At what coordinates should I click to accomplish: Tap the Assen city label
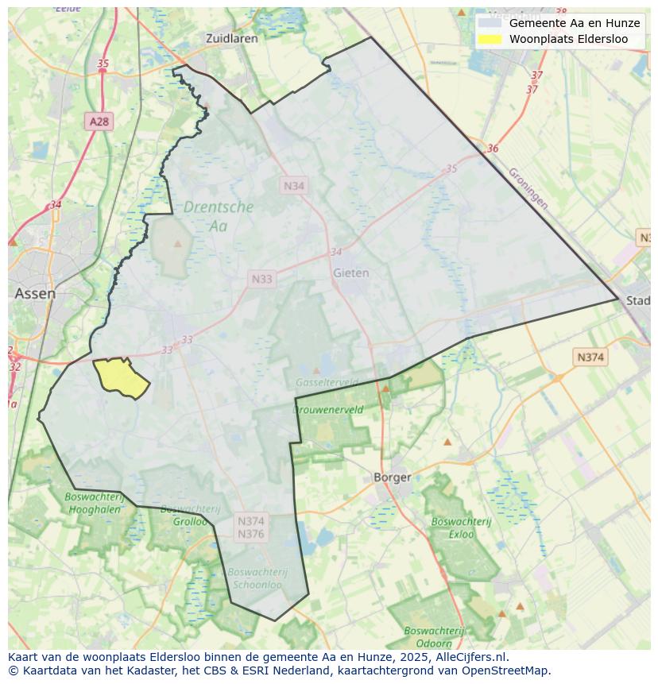click(35, 293)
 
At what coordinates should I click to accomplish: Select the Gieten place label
click(350, 272)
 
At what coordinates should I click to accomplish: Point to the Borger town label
click(393, 477)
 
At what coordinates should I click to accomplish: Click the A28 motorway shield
click(99, 122)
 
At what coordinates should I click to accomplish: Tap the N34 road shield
click(294, 185)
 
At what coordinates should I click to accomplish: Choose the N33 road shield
click(261, 279)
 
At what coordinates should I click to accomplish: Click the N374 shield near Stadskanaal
click(590, 357)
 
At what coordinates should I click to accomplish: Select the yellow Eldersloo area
click(122, 377)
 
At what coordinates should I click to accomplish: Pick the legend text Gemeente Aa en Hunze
click(575, 23)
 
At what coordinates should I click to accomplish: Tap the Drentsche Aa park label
click(219, 216)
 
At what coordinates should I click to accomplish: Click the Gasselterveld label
click(326, 382)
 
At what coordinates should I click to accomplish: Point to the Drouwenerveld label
click(328, 410)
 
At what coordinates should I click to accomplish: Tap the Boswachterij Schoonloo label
click(257, 578)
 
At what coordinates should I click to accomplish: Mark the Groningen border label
click(528, 187)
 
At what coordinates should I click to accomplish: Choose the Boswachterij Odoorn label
click(434, 637)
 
